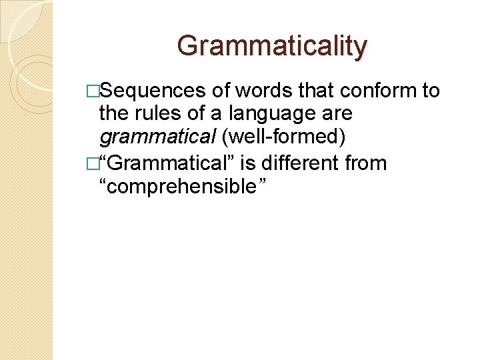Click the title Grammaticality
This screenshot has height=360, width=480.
pos(272,46)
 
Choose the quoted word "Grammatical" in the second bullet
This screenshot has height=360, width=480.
pos(164,163)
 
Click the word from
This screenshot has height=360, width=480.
pos(365,163)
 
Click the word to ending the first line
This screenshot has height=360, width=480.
pos(431,91)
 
